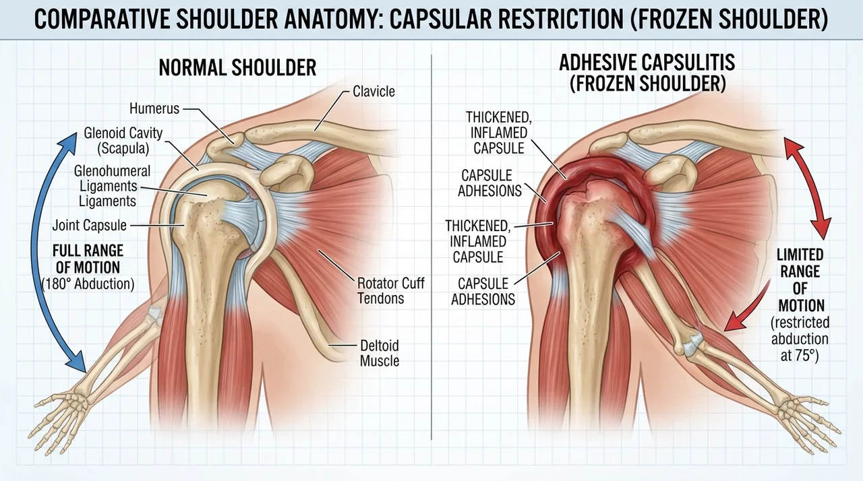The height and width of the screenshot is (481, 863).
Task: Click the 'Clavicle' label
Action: [374, 92]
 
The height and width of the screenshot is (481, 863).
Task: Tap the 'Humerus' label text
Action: [154, 108]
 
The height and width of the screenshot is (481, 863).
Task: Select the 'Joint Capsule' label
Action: [90, 226]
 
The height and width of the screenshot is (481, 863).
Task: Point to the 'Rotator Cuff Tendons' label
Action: [390, 290]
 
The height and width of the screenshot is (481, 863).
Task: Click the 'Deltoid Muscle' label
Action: [380, 353]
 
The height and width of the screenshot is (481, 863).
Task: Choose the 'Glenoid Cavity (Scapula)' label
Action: [123, 141]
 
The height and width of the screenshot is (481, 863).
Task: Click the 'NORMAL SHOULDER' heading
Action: [237, 68]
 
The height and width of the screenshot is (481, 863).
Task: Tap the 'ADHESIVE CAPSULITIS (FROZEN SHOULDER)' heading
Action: [647, 73]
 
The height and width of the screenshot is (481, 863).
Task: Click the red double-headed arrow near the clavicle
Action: [809, 189]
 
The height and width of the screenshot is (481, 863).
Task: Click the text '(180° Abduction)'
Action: [88, 284]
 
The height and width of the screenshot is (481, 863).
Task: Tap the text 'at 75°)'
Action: [800, 355]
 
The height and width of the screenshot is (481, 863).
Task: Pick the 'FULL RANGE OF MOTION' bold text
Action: [88, 259]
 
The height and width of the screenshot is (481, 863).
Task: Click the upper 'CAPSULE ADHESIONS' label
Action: [490, 183]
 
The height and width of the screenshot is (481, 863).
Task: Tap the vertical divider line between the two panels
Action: [431, 247]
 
